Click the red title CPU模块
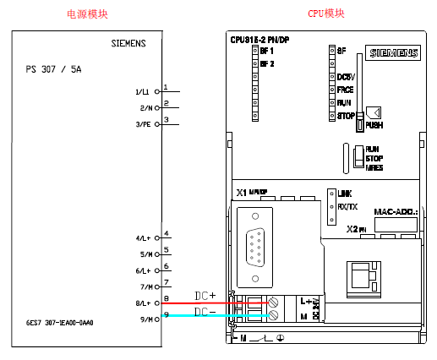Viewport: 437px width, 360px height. point(326,13)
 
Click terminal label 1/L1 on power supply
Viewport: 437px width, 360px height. point(142,91)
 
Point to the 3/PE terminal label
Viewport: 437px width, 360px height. point(142,124)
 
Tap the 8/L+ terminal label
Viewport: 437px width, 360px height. point(142,303)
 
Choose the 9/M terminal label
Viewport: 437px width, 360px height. point(143,319)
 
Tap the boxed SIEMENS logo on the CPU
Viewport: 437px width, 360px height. point(392,52)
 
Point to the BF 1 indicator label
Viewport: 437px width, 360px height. point(267,52)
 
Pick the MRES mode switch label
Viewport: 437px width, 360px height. point(374,168)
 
